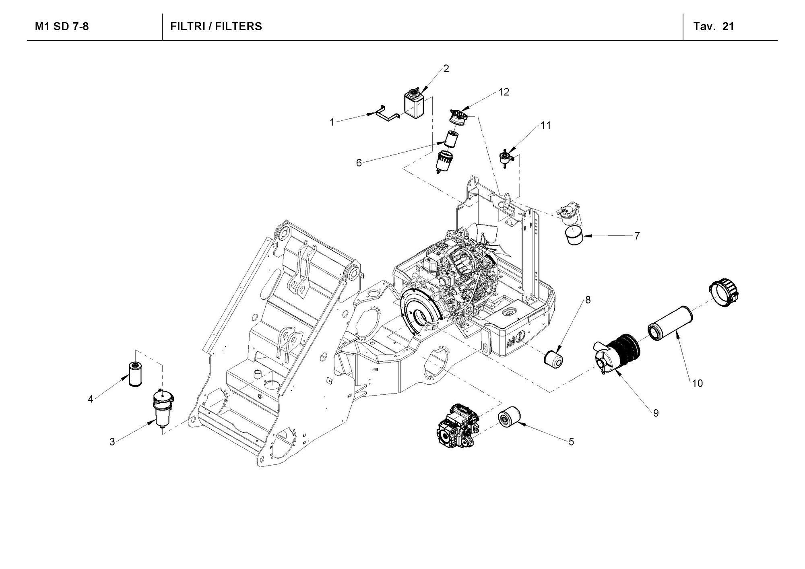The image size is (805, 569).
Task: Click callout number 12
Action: [504, 92]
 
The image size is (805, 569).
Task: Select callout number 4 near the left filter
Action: [91, 399]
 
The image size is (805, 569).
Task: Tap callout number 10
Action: [697, 383]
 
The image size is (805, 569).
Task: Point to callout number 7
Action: [637, 236]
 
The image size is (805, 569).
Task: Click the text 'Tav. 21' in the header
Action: [714, 27]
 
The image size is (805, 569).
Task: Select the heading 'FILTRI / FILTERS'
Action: [216, 27]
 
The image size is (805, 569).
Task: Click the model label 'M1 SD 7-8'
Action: [62, 27]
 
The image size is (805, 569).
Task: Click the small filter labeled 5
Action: [509, 419]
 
